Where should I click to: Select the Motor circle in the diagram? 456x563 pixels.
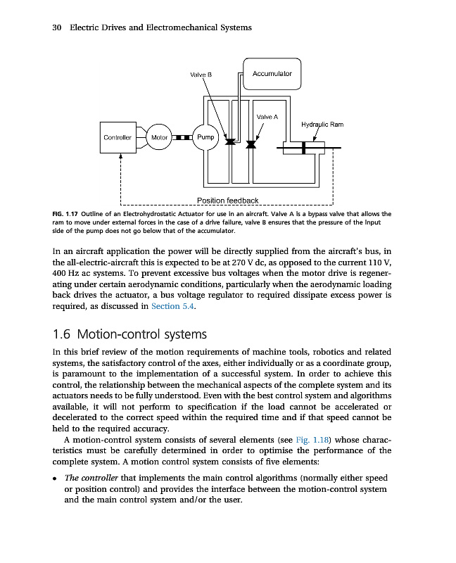(161, 138)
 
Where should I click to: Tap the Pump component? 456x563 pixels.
(205, 138)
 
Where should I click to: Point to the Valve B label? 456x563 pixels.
(201, 74)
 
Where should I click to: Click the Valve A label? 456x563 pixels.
(267, 116)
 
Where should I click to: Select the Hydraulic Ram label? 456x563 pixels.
(322, 125)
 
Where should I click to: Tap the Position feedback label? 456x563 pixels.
(227, 201)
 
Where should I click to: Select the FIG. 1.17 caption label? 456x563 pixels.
(68, 213)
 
